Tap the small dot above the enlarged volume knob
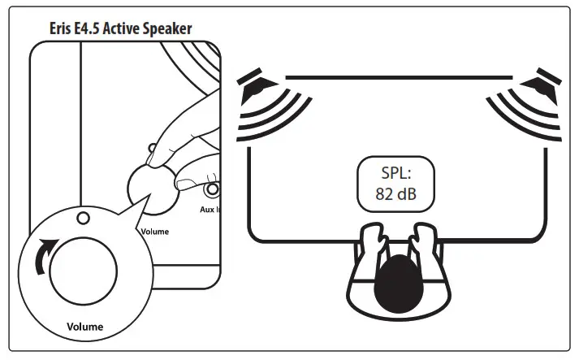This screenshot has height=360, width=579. coord(81,218)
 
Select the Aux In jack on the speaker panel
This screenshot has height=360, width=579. coord(214,191)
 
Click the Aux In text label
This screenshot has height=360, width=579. coord(211,209)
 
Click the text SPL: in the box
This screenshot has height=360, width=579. coord(398,172)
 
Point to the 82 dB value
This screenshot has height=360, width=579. coord(398,196)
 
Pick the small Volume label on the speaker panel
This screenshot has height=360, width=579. coord(154,231)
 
